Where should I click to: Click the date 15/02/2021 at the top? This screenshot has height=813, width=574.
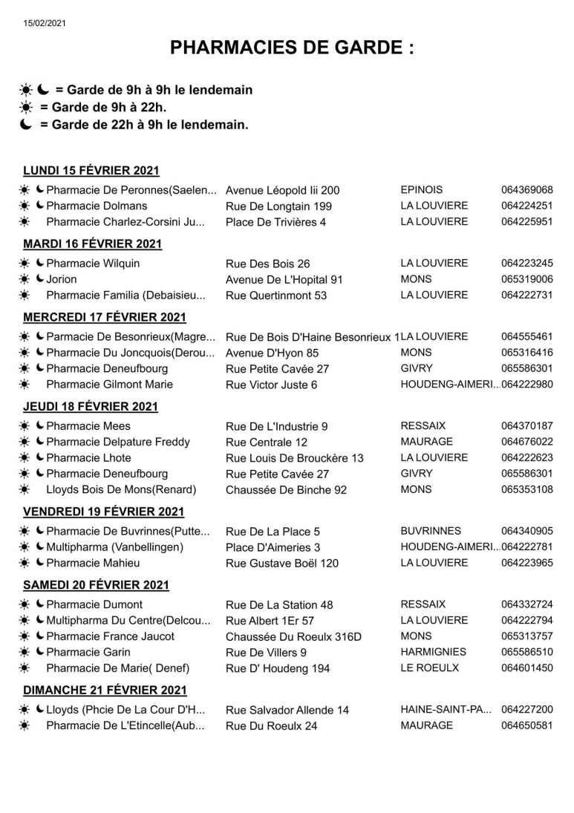coord(45,23)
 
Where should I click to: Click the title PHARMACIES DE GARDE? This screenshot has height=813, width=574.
coord(292,48)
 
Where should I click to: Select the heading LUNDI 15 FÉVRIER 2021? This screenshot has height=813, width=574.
coord(91,171)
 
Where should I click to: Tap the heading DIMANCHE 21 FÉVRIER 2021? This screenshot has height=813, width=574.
coord(105,690)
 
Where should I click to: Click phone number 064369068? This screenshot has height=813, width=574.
coord(526,190)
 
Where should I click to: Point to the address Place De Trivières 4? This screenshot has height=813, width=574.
coord(275,222)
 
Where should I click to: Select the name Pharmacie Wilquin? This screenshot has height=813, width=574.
coord(93,264)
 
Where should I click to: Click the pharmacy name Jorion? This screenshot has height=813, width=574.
coord(61,280)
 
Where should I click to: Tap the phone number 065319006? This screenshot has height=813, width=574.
coord(526,280)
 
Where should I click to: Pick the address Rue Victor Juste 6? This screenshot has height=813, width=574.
coord(271,385)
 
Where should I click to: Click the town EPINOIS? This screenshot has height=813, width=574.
coord(421,190)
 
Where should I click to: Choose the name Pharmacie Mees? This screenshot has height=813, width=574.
coord(88,426)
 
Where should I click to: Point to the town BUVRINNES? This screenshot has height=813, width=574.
coord(431,532)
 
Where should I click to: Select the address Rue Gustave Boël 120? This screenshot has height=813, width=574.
coord(281,564)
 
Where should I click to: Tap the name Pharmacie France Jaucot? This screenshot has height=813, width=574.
coord(110,636)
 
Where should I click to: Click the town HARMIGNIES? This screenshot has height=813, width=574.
coord(434,652)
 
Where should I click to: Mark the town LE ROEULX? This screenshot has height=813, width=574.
coord(429,668)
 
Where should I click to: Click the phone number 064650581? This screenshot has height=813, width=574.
coord(526,725)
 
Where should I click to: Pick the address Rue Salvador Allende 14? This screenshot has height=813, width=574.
coord(287,711)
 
